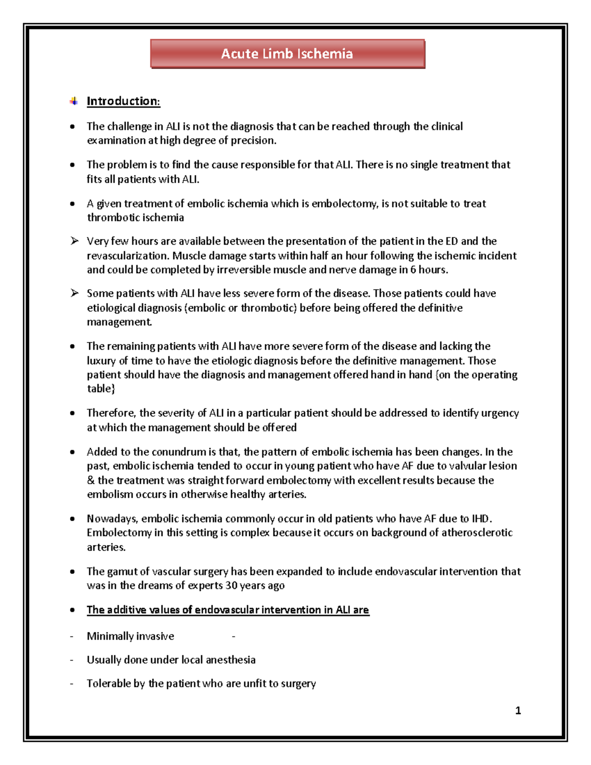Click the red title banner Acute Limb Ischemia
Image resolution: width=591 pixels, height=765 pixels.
pos(287,54)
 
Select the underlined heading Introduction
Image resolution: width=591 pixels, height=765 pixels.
pos(123,101)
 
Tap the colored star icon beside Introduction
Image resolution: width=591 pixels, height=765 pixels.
pos(74,101)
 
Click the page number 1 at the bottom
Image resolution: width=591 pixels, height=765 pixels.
pos(518,710)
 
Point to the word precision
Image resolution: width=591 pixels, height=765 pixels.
pos(254,140)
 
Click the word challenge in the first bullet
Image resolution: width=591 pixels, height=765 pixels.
pos(130,127)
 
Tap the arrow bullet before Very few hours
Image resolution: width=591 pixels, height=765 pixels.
pos(74,241)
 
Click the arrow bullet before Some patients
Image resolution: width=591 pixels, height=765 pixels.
pos(74,293)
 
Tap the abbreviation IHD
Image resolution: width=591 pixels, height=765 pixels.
pos(480,519)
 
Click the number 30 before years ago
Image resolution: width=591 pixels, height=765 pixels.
pos(231,586)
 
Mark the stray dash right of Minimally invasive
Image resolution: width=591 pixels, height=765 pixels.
pos(233,636)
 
